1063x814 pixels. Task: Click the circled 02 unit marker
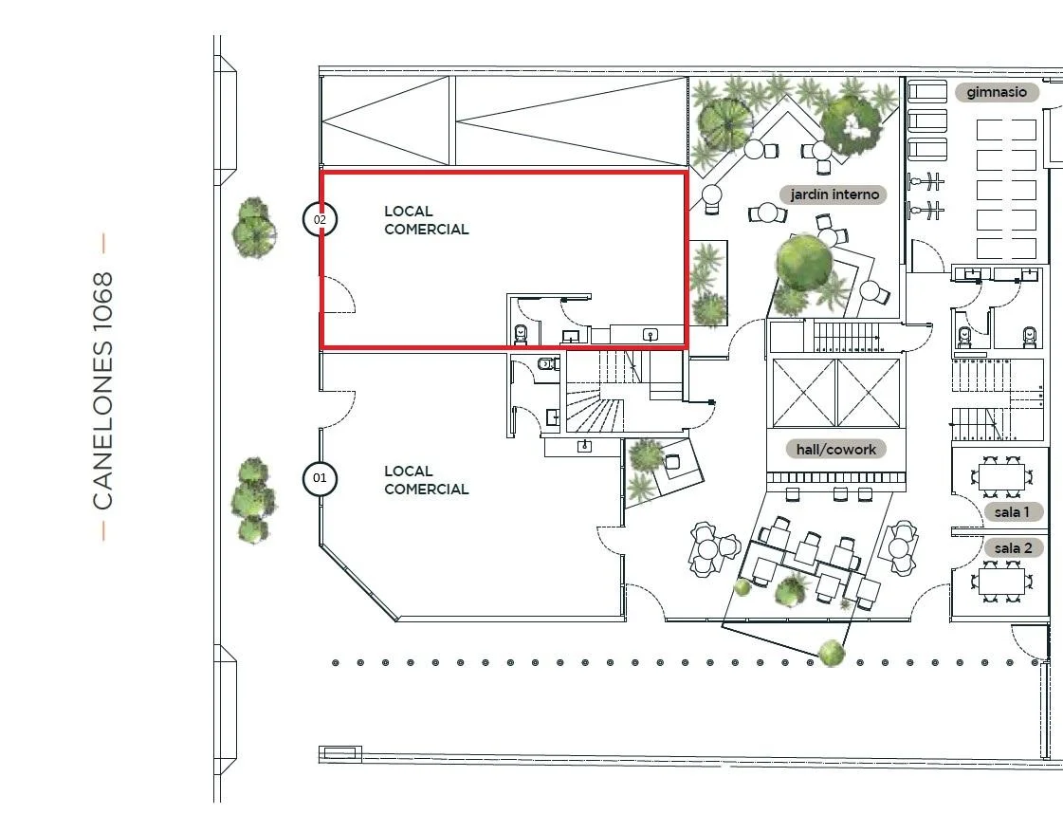(320, 219)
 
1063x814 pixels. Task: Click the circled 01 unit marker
(320, 478)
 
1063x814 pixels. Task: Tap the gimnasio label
(997, 92)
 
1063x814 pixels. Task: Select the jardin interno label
(834, 194)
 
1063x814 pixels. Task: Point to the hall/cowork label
(836, 449)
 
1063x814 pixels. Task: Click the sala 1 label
(1012, 512)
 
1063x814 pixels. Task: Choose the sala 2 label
(1013, 548)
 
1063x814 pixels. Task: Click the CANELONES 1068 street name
(102, 391)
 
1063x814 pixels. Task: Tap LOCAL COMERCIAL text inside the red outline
(427, 220)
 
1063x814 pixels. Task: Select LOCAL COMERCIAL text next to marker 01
(427, 480)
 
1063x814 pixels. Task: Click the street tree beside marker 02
(253, 228)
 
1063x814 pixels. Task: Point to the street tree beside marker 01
(253, 501)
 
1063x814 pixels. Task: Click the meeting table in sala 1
(1000, 477)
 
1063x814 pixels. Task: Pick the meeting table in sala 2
(1000, 582)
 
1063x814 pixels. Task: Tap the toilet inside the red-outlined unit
(521, 334)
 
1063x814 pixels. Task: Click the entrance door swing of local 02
(338, 294)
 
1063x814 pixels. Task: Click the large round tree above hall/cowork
(804, 261)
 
